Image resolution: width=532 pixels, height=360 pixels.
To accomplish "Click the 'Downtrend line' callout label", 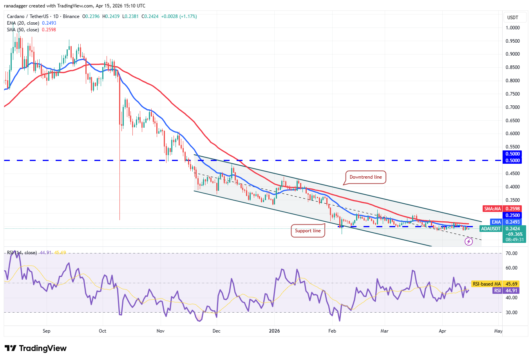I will coord(366,177).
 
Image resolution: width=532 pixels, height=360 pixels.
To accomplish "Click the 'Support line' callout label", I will coord(308,231).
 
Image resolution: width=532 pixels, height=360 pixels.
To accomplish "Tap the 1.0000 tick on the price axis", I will coord(512,28).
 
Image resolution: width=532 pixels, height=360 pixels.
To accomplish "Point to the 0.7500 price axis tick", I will coord(512,94).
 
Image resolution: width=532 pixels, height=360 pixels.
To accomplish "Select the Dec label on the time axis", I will coord(216,331).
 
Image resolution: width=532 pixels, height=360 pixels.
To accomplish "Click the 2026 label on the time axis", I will coord(274,331).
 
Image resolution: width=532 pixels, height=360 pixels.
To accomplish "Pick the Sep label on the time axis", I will coord(46,331).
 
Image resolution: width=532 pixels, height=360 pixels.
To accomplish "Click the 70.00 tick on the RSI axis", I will coord(511,253).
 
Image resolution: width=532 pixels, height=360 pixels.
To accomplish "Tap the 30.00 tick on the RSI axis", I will coord(511,313).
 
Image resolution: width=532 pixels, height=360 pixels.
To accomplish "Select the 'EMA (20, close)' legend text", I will coord(23,23).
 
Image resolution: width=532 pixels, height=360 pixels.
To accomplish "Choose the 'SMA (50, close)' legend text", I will coord(23,30).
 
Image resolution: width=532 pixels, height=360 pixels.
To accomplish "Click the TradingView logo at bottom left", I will coord(36,348).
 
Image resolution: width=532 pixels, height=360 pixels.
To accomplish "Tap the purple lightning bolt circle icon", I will coord(469,242).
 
